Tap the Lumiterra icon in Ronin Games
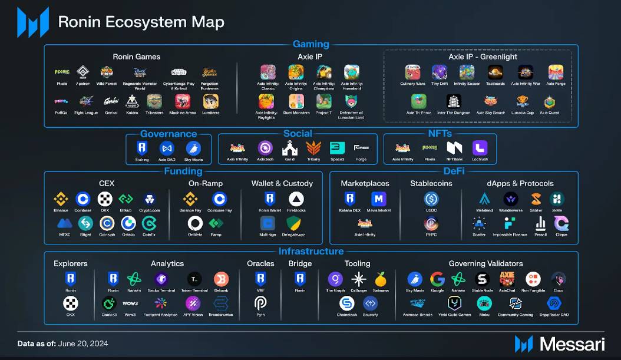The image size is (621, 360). click(211, 101)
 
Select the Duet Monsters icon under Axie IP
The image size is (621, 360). click(296, 101)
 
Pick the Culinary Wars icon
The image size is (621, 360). click(412, 72)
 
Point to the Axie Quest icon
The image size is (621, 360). click(550, 101)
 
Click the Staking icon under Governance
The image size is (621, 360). click(141, 148)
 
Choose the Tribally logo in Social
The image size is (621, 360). click(313, 148)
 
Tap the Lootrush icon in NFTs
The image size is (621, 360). click(480, 148)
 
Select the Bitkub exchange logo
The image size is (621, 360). click(125, 199)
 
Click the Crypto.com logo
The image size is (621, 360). click(149, 199)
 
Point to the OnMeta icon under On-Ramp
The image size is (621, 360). click(195, 223)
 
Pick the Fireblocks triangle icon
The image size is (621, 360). click(296, 199)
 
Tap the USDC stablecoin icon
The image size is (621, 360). click(431, 199)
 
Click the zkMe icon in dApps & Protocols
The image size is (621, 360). click(557, 199)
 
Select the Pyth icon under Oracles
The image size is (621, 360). click(260, 303)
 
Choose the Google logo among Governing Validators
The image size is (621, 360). click(437, 279)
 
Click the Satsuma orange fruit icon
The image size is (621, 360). click(381, 279)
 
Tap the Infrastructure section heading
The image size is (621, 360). click(311, 252)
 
